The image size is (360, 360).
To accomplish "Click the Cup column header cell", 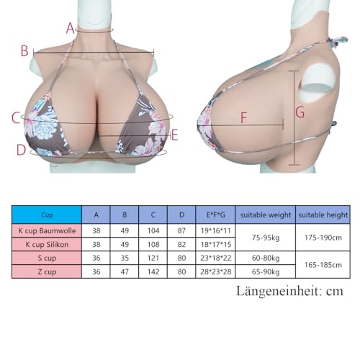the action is click(x=47, y=215).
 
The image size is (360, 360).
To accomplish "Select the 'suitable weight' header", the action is click(x=266, y=215).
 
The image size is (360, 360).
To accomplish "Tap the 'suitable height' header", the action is click(x=323, y=215).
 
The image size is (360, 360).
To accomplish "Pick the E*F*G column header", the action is click(x=215, y=215).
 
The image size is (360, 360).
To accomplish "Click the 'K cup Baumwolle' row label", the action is click(x=47, y=231).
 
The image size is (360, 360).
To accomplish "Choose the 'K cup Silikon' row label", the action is click(x=47, y=245).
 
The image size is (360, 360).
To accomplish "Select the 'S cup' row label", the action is click(x=47, y=258).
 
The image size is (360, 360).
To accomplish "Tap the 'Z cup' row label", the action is click(x=47, y=272).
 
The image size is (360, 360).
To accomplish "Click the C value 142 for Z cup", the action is click(x=153, y=271).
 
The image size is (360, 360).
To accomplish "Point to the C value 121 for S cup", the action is click(x=153, y=258).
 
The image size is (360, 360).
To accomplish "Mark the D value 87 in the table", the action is click(x=181, y=230).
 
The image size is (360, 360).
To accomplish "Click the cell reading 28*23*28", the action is click(x=215, y=271).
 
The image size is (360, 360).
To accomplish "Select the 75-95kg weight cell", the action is click(x=266, y=238).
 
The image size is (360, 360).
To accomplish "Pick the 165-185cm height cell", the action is click(x=323, y=265).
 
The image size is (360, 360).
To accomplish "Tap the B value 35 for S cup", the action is click(x=125, y=258).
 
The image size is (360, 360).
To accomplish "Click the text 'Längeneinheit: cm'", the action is click(x=290, y=291).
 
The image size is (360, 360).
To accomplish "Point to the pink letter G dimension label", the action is click(x=300, y=112).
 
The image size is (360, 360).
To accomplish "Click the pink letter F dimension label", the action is click(x=244, y=118).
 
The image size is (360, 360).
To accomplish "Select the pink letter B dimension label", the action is click(x=24, y=51).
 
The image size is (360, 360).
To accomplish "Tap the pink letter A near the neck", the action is click(x=70, y=28).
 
